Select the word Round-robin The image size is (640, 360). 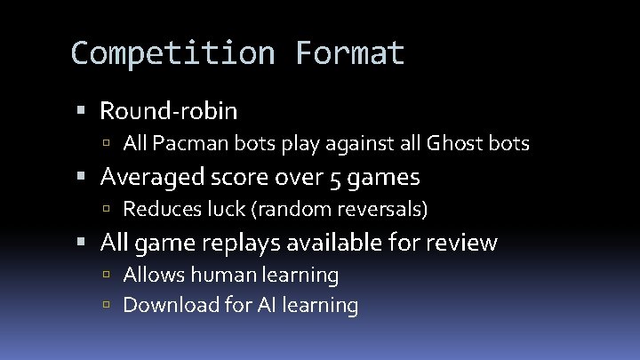click(x=169, y=111)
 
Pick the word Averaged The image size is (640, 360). click(x=154, y=177)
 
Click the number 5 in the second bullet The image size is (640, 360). click(x=335, y=178)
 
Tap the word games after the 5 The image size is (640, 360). click(x=384, y=178)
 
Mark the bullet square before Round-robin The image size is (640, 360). click(x=82, y=112)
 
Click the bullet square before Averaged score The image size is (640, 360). click(x=82, y=178)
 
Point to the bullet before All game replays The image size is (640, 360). click(x=82, y=243)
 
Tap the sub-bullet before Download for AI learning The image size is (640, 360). click(x=107, y=306)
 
